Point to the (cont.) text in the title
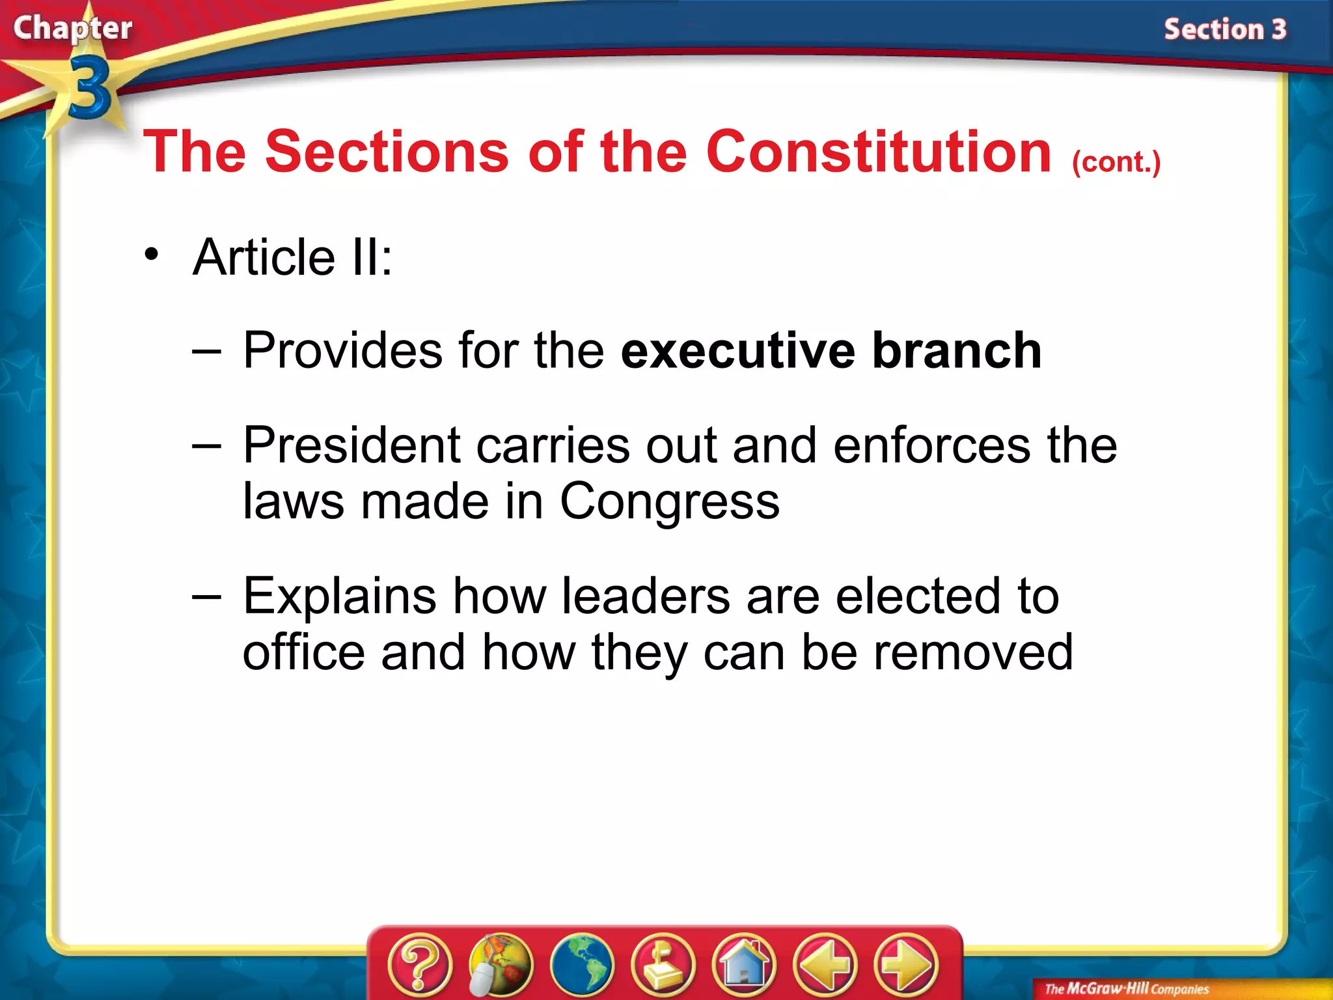1116,161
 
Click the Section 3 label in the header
1225,29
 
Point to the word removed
973,652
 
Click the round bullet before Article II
152,255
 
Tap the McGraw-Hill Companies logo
1126,989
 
